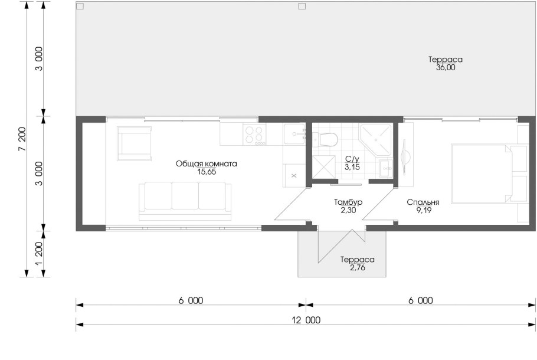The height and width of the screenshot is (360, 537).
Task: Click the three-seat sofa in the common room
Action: tap(185, 201)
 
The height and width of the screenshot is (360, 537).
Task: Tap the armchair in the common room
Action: tap(134, 143)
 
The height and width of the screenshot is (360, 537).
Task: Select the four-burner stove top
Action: tap(254, 134)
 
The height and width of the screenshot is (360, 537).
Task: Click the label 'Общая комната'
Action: tap(206, 163)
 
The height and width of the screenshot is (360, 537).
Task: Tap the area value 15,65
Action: tap(207, 172)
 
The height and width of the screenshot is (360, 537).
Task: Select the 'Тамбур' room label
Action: tap(348, 202)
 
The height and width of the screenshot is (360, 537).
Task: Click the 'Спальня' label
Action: tap(423, 202)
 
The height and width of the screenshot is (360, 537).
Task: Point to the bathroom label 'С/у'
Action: tap(352, 159)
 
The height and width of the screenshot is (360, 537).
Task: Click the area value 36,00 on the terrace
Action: tap(446, 67)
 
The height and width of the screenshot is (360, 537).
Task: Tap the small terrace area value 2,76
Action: tap(358, 267)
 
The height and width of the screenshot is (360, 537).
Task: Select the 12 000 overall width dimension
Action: tap(306, 320)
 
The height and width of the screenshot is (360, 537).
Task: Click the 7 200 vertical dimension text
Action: tap(22, 139)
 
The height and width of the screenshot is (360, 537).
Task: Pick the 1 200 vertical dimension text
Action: tap(39, 254)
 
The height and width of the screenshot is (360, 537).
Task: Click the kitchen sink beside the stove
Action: tap(294, 135)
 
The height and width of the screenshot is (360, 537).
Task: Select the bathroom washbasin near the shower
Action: tap(386, 168)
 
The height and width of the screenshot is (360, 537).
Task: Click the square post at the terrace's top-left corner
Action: tap(80, 6)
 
